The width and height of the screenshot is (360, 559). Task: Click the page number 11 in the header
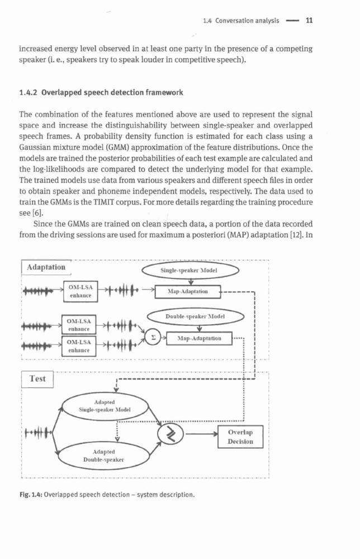tap(309, 20)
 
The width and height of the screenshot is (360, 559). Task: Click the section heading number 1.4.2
tap(29, 93)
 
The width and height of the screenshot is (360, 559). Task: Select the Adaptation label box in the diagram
tap(46, 267)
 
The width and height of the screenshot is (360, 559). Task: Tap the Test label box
tap(37, 379)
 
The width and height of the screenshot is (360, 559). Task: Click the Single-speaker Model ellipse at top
tap(190, 270)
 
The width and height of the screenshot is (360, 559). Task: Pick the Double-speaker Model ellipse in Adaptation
tap(196, 316)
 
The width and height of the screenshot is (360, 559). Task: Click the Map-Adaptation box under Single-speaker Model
tap(188, 292)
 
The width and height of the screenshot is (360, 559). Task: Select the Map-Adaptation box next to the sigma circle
tap(199, 338)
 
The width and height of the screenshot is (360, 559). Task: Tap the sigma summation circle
tap(153, 338)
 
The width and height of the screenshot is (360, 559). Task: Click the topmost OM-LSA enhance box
tap(80, 291)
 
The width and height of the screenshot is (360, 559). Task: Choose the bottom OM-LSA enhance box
tap(79, 346)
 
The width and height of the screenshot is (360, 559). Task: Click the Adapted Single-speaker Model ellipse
tap(105, 406)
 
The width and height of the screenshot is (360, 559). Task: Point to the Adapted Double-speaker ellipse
tap(104, 456)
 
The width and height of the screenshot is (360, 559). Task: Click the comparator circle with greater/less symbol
tap(170, 434)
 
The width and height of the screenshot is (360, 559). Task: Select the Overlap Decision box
tap(240, 437)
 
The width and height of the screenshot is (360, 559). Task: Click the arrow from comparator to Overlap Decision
tap(202, 434)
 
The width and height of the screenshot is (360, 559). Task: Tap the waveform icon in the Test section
tap(39, 433)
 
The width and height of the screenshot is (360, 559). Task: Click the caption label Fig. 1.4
tap(31, 495)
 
